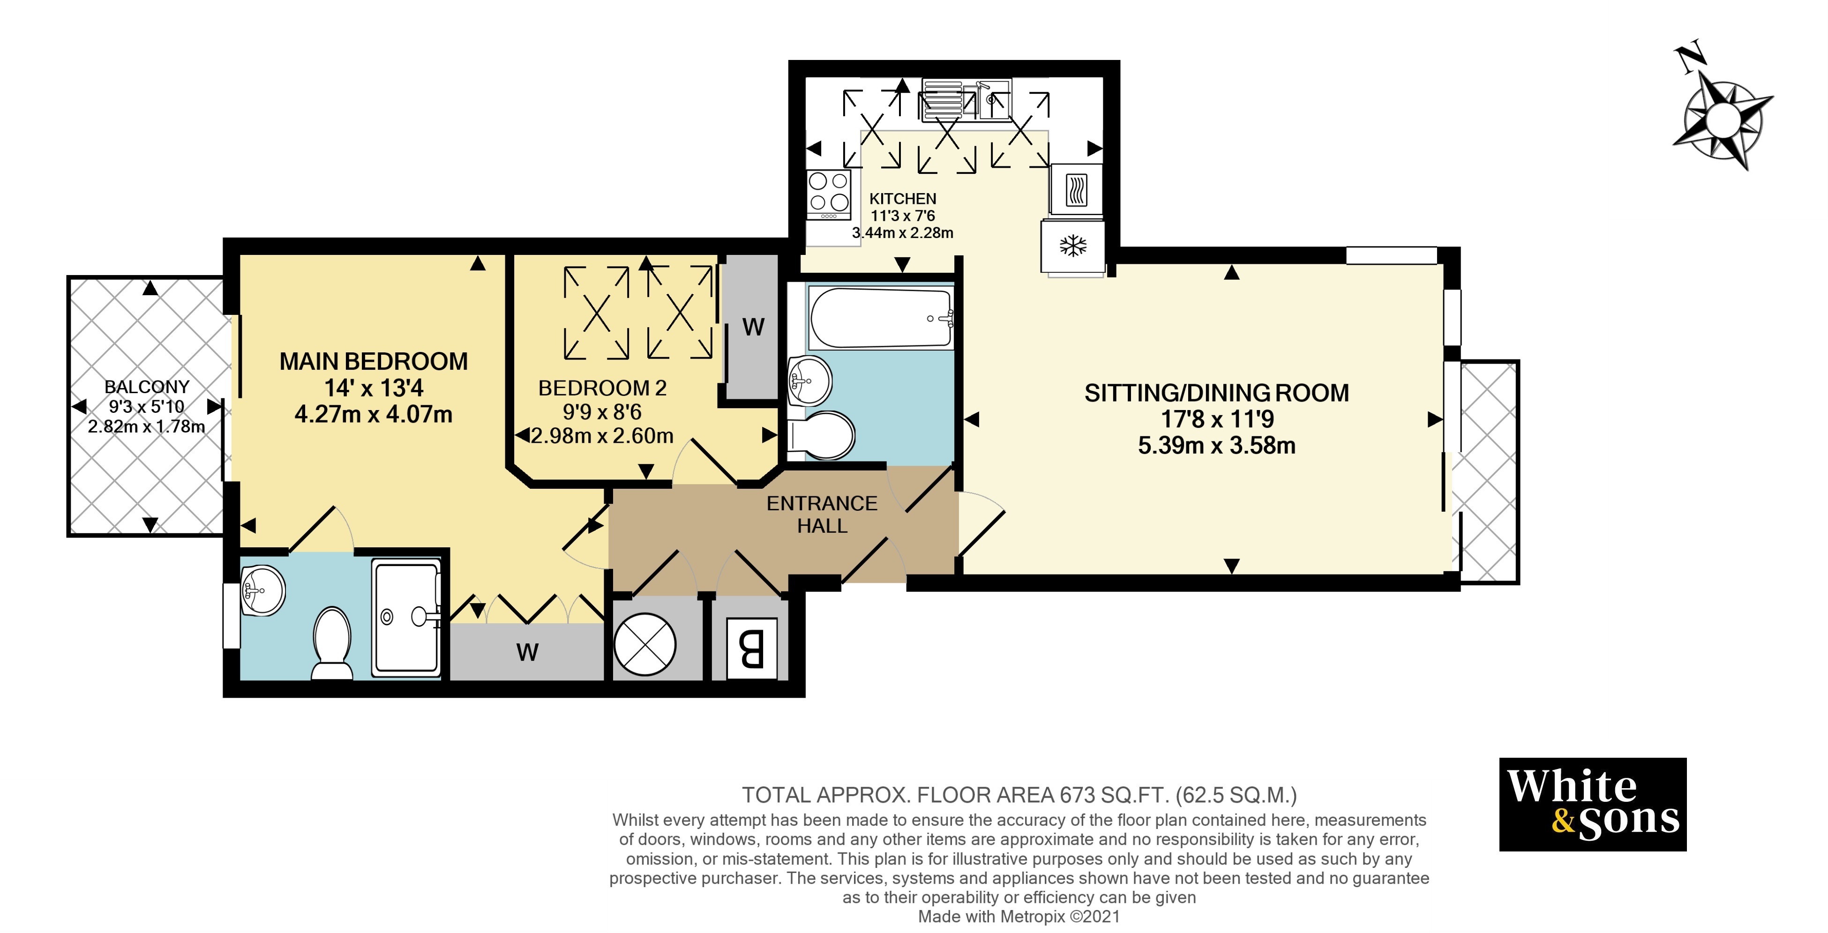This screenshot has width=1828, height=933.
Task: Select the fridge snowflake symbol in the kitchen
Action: coord(1073,246)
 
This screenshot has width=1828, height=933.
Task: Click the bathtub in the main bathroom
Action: coord(881,318)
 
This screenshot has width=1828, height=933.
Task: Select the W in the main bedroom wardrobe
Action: coord(527,652)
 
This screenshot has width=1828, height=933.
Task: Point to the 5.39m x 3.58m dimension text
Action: coord(1216,446)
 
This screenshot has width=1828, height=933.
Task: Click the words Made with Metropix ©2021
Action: coord(1019,917)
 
